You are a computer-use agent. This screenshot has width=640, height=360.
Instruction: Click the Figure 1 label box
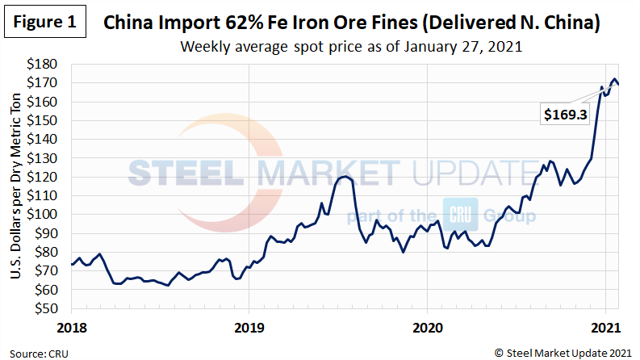(44, 23)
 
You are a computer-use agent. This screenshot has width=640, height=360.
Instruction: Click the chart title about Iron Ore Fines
(352, 23)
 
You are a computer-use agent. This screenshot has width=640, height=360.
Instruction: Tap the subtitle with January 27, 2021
(352, 46)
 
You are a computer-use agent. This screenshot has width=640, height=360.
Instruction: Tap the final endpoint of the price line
(618, 84)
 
